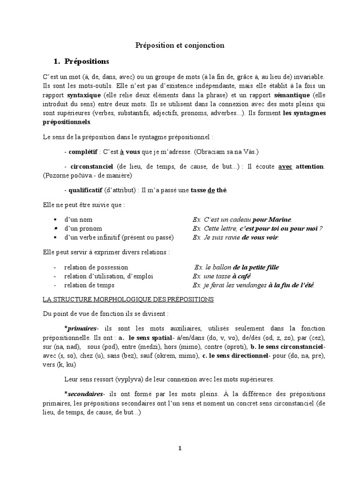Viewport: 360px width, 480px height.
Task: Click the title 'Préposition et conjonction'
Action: [x=180, y=45]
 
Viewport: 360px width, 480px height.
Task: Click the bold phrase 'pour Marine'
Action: [x=272, y=219]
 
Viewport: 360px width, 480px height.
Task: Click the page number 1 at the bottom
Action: [x=180, y=448]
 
